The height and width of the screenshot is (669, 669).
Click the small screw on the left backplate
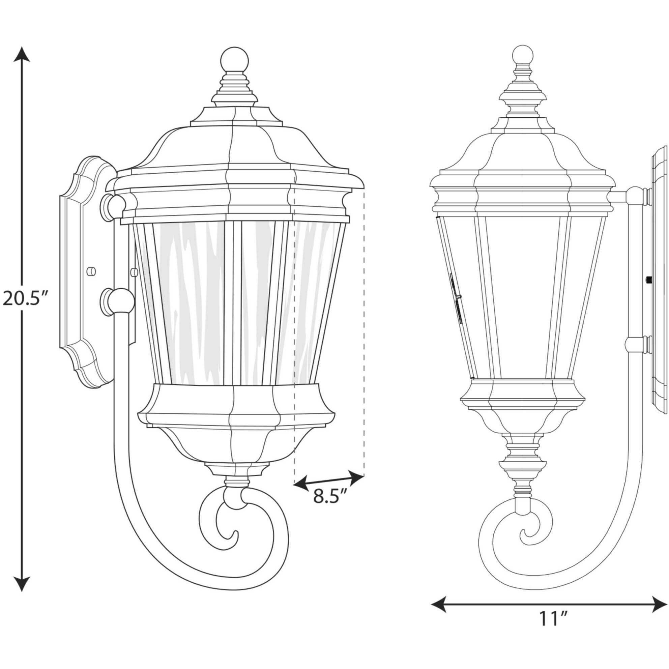click(92, 271)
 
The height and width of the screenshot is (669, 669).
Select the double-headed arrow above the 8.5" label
click(329, 479)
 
